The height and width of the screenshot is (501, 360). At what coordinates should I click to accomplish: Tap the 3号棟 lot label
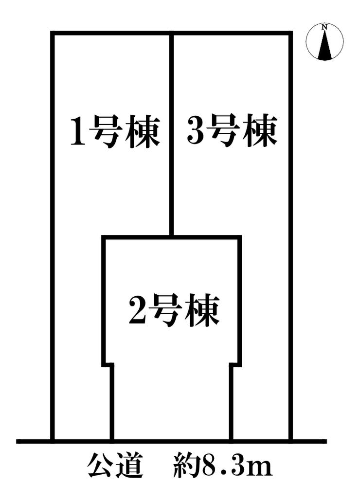coord(232,131)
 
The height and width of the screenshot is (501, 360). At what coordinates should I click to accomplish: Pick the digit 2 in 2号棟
coord(137,310)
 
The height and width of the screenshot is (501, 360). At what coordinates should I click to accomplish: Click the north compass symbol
coord(324,42)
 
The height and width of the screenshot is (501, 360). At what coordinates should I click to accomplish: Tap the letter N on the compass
coord(324,27)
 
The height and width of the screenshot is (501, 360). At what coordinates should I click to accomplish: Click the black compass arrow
coord(324,47)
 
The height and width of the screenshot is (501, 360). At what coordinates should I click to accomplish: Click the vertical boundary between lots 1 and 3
coord(172,136)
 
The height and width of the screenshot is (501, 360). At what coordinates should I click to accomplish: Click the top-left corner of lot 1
coord(53,34)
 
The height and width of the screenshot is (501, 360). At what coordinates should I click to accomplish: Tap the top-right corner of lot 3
coord(291,34)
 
